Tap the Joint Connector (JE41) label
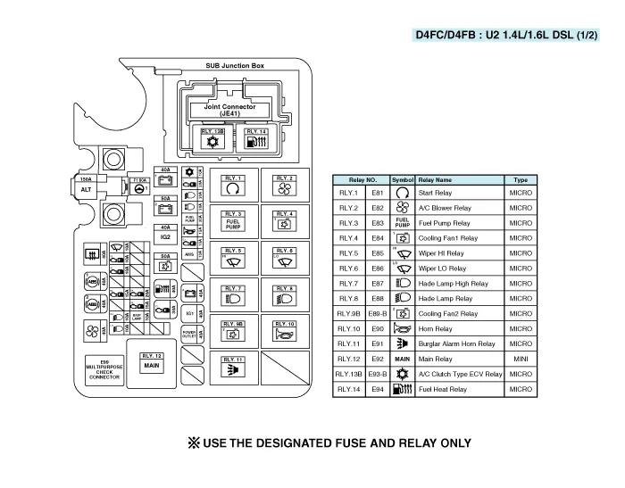[229, 110]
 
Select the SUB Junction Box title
[235, 65]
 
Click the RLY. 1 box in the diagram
[234, 186]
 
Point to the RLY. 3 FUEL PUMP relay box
[234, 221]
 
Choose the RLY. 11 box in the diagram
[234, 367]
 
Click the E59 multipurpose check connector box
[104, 369]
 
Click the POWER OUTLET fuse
[189, 332]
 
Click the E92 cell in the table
[377, 359]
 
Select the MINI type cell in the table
[521, 359]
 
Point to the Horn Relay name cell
[436, 328]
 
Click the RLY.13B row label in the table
[348, 374]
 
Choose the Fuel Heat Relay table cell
[443, 389]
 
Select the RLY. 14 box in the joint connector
[255, 140]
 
